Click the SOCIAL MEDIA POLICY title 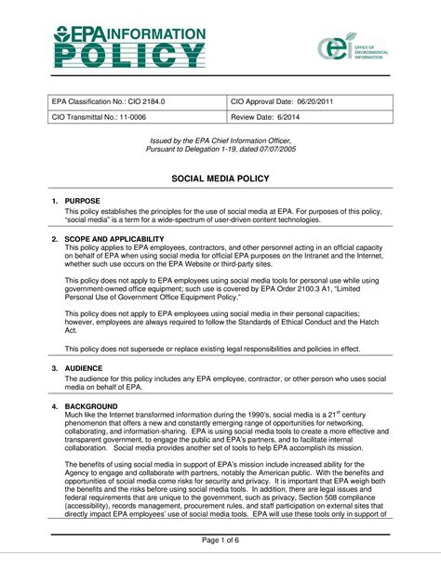[220, 177]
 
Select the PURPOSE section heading [83, 201]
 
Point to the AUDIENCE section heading [86, 368]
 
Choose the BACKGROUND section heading [91, 407]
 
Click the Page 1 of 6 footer [220, 540]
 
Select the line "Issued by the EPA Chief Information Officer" [220, 139]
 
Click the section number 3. [55, 368]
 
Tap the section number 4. [55, 407]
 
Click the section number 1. [55, 201]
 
